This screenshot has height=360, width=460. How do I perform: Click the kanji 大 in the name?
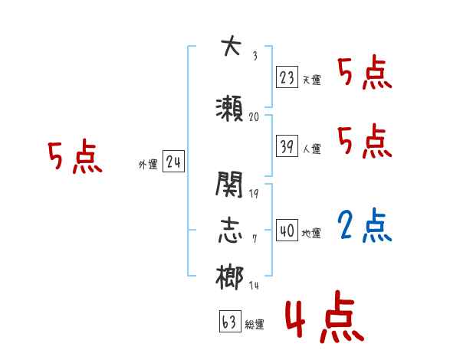coord(230,48)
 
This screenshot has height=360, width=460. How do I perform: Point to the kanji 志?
coord(230,231)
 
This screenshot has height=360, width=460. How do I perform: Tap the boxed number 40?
coord(287,230)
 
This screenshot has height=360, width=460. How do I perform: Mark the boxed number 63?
coord(229,322)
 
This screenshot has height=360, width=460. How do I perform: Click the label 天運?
coord(311,80)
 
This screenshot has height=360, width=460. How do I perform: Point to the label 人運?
coord(311,149)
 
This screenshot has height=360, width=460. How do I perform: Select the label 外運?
coord(148,164)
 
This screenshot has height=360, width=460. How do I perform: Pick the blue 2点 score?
coord(364,227)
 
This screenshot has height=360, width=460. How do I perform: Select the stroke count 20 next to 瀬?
coord(255,117)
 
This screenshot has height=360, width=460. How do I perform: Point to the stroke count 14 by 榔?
coord(254,285)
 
